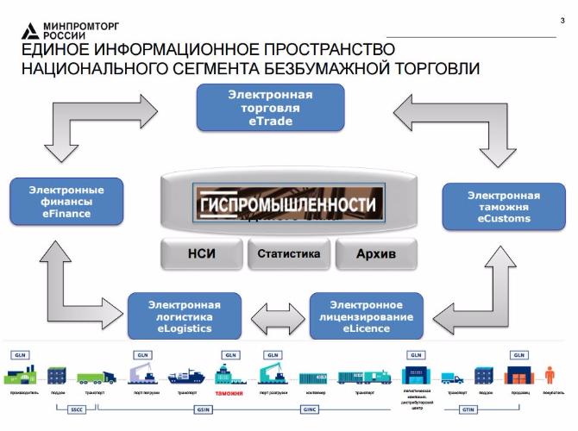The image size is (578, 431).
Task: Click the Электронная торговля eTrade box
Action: pos(271,109)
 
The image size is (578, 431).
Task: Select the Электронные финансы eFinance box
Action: pos(66,202)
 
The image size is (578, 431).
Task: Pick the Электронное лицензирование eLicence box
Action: pos(367,316)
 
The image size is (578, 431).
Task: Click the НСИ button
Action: pos(201,254)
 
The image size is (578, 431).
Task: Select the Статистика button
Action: pos(289,253)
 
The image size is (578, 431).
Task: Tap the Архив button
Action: pos(374,254)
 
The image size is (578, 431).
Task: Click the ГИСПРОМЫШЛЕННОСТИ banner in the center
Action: pos(288,205)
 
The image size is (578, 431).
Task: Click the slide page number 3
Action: pos(562,21)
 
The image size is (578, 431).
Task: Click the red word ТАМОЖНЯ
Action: pos(229,392)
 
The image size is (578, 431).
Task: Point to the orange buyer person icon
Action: pos(550,375)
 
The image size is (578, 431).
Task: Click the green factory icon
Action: pos(19,374)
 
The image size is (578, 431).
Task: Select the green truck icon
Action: pos(96,376)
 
